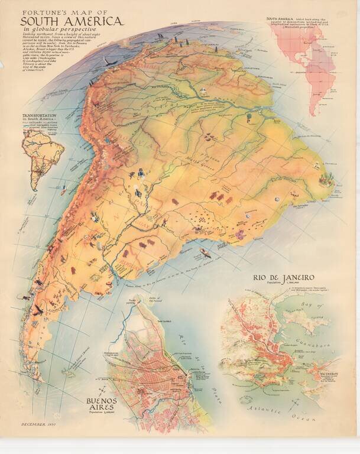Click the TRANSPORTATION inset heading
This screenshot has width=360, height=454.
[x=39, y=116]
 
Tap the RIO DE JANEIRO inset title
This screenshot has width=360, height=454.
[x=283, y=277]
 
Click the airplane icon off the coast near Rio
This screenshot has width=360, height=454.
[x=205, y=252]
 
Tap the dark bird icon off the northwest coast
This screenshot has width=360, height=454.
[x=108, y=61]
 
